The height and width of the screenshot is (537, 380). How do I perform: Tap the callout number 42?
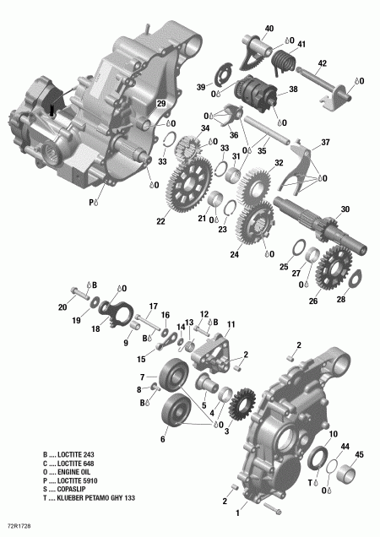[x=322, y=63]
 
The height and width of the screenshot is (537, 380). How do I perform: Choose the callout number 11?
[x=231, y=325]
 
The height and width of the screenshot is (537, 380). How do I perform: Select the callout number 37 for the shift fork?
[x=325, y=142]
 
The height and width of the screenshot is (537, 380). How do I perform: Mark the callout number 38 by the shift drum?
[x=293, y=88]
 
